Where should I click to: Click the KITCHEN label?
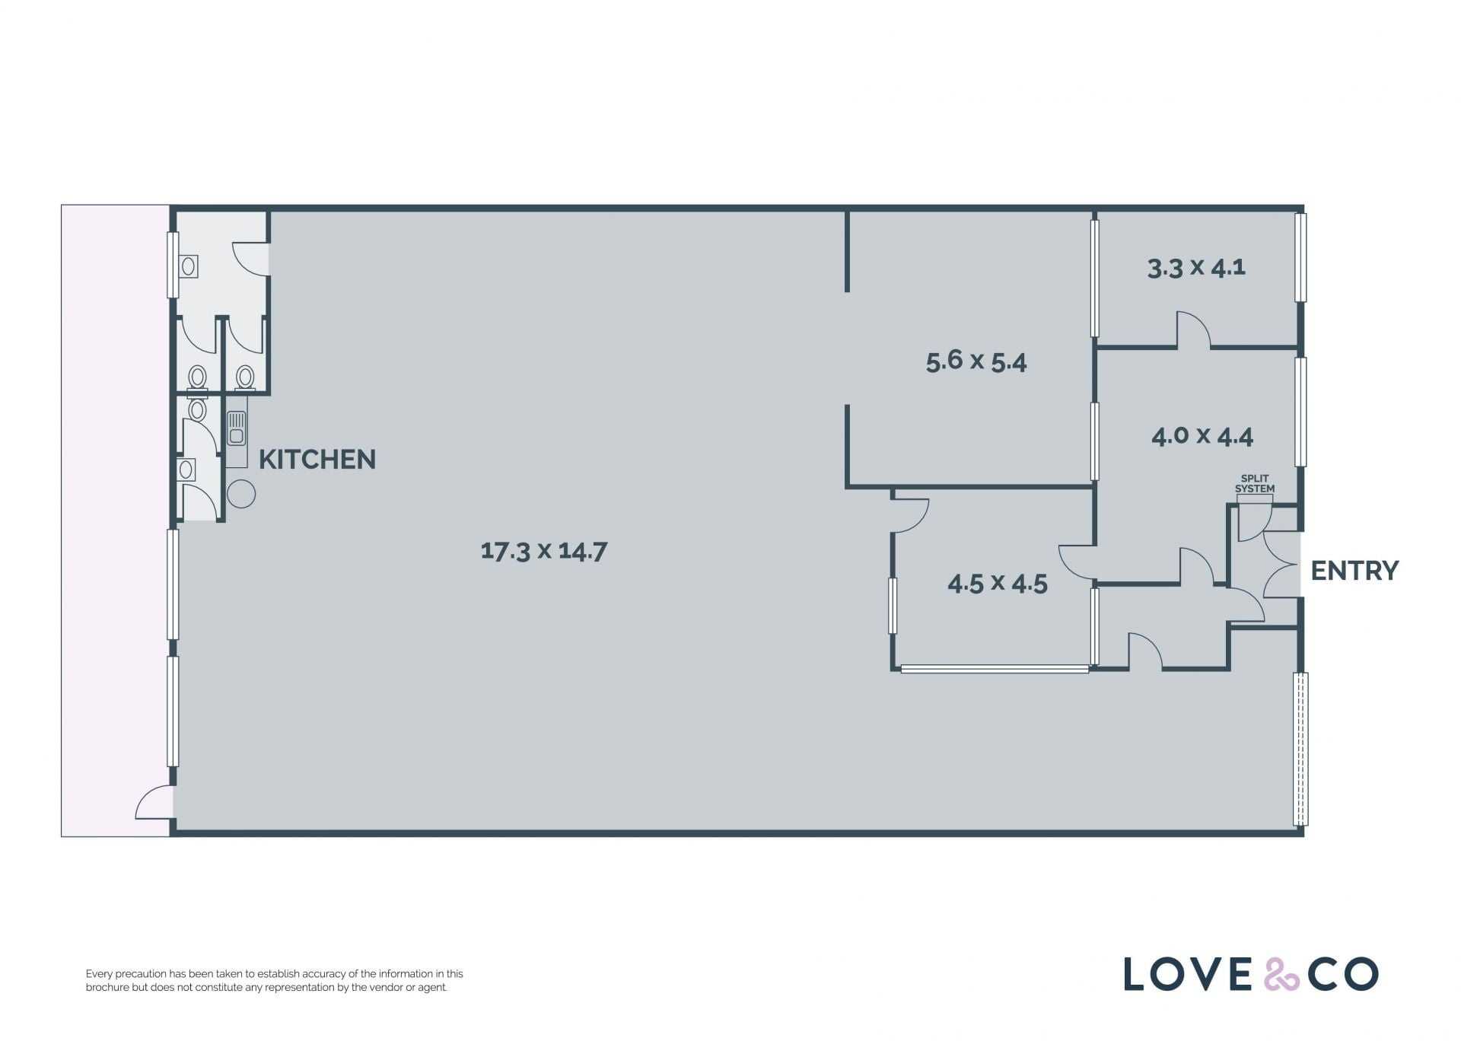click(317, 460)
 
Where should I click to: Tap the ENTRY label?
click(1354, 571)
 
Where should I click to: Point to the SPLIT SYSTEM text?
click(1254, 484)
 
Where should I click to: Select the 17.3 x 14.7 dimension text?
click(544, 551)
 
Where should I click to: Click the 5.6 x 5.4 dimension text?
click(976, 361)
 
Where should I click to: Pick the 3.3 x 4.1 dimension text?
click(1196, 268)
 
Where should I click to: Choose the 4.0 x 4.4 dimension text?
click(1202, 436)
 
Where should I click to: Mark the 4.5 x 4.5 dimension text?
click(998, 584)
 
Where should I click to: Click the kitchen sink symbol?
click(237, 428)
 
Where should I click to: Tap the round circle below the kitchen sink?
click(241, 494)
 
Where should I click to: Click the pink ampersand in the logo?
click(1282, 975)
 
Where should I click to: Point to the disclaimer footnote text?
click(275, 981)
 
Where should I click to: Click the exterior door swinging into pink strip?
click(154, 802)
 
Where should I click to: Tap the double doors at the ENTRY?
click(1281, 564)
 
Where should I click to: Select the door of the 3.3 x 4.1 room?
click(1194, 329)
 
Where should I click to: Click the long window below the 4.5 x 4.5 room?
click(995, 670)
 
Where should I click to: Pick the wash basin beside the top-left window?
click(188, 266)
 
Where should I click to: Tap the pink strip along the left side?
click(115, 520)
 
